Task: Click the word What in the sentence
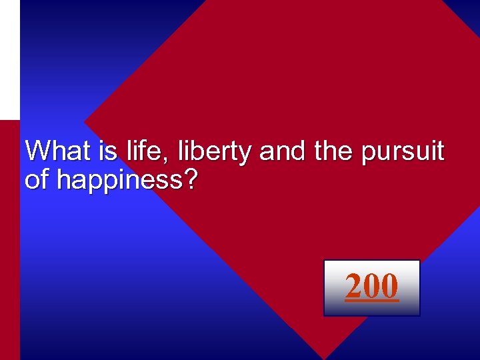pyautogui.click(x=57, y=151)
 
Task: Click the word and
pyautogui.click(x=280, y=151)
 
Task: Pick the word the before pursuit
pyautogui.click(x=334, y=151)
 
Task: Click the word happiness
pyautogui.click(x=117, y=180)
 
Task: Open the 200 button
pyautogui.click(x=371, y=287)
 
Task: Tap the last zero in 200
pyautogui.click(x=389, y=286)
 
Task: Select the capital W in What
pyautogui.click(x=37, y=151)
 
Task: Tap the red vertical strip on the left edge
pyautogui.click(x=9, y=240)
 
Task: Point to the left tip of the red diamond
pyautogui.click(x=87, y=124)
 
